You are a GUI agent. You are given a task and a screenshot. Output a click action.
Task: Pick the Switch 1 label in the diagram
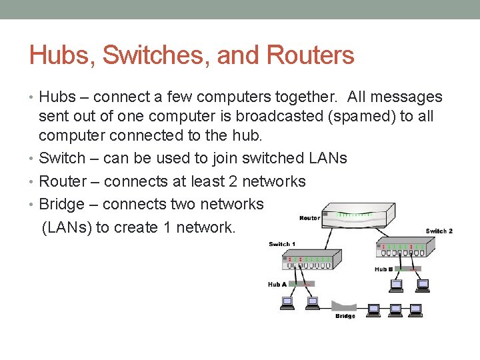(x=281, y=244)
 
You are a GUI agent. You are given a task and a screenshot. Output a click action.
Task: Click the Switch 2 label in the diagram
(x=439, y=231)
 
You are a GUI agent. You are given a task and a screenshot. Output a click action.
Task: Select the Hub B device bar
(x=407, y=269)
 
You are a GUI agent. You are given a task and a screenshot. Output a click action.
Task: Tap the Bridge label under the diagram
(x=345, y=316)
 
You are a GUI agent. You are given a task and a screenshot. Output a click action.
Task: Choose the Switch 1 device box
(x=311, y=260)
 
